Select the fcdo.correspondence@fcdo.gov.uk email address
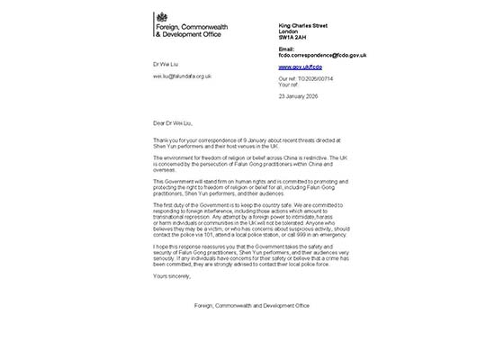click(322, 56)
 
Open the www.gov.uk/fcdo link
click(301, 67)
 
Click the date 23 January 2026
click(300, 96)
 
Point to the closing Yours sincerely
click(172, 277)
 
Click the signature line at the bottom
click(251, 305)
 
